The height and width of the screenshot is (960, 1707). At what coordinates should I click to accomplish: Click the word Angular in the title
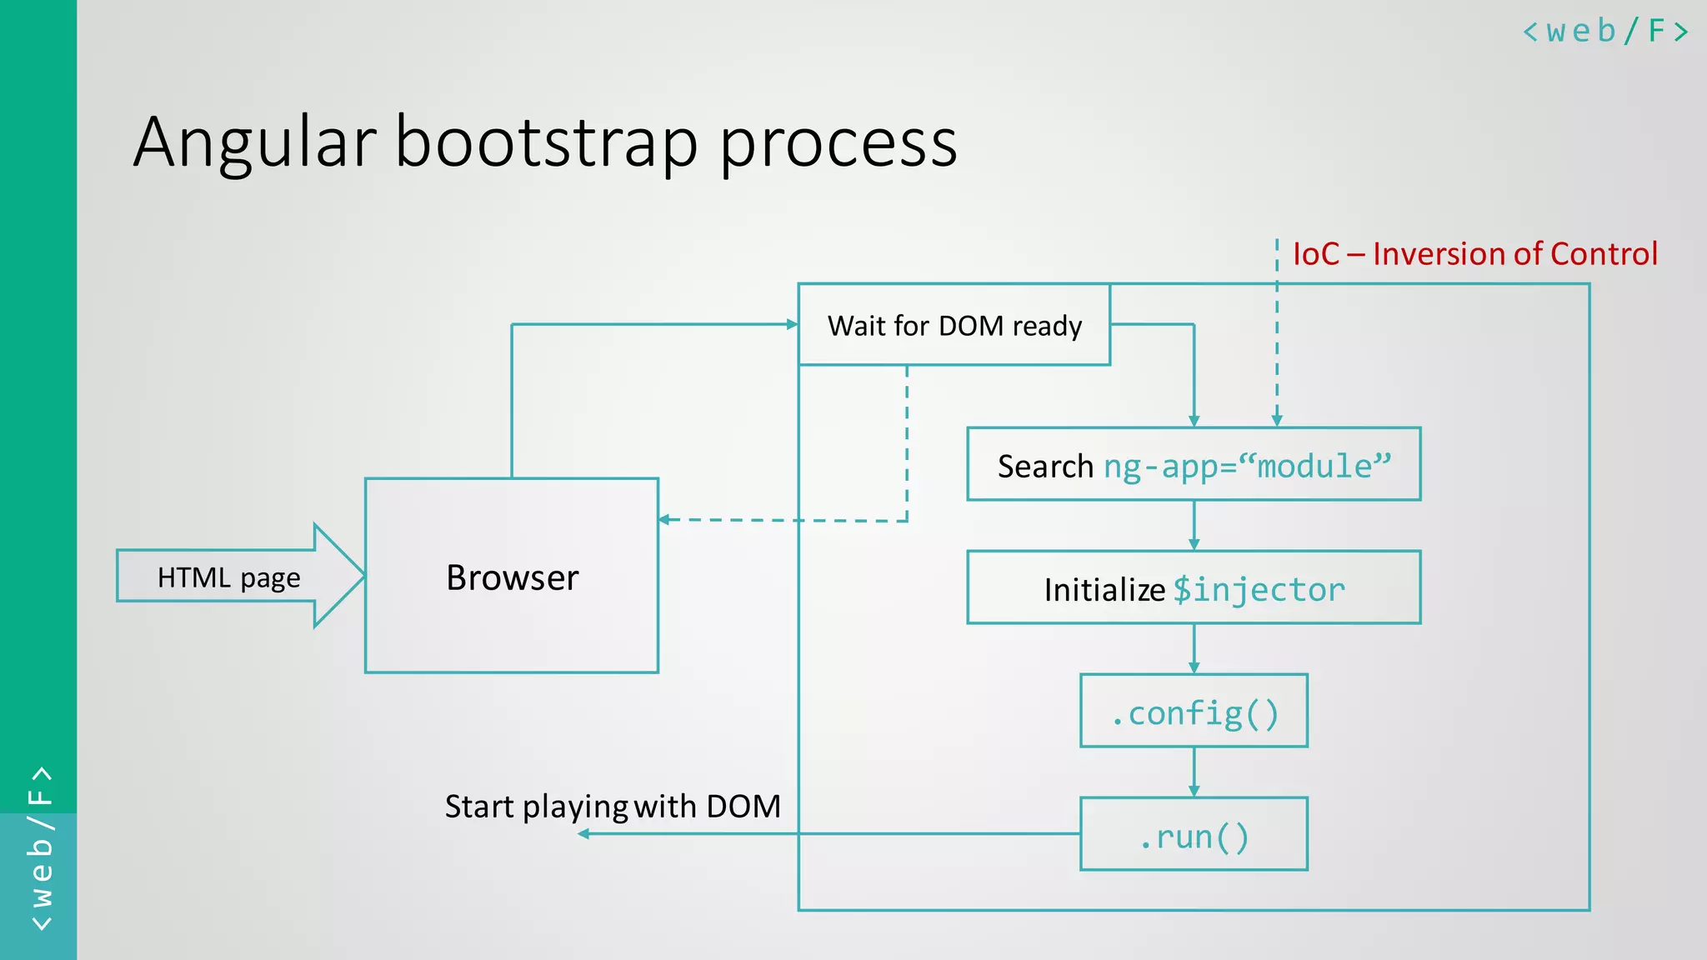[254, 142]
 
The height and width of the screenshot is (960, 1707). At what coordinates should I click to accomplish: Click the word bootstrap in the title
[546, 142]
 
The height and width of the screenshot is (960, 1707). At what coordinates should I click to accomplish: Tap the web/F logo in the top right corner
[1605, 32]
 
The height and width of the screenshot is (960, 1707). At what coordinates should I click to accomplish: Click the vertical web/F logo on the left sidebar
[40, 848]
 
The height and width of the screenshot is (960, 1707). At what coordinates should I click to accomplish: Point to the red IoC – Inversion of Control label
[1474, 253]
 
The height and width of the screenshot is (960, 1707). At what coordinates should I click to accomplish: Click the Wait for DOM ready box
[954, 325]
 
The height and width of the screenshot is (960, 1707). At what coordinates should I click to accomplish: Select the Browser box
[512, 577]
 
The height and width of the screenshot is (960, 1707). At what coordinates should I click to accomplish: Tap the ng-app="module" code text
[1247, 466]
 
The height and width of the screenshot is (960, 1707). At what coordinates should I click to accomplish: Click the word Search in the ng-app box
[1045, 467]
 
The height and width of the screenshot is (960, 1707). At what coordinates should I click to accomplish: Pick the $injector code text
[1259, 589]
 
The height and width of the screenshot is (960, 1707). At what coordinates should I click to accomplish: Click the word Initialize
[1104, 590]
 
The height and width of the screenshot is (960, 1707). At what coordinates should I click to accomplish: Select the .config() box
[1194, 712]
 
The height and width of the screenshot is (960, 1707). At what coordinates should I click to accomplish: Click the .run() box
[1194, 835]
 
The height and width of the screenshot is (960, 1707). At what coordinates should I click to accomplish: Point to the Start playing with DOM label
[613, 806]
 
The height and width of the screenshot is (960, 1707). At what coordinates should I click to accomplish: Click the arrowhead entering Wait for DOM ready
[792, 324]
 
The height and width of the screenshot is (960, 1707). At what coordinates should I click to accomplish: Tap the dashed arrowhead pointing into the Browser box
[664, 520]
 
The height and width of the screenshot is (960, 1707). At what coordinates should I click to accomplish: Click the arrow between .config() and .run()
[1194, 772]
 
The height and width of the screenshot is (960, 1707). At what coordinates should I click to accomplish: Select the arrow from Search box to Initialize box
[1194, 526]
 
